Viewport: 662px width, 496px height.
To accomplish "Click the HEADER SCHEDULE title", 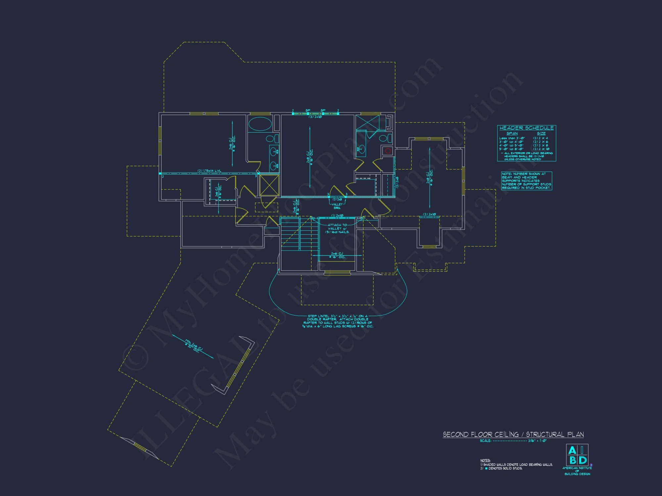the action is pos(526,128).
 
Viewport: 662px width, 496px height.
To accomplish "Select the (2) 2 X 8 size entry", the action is pos(540,145).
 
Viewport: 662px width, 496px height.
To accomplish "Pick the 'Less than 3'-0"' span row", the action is pos(512,138).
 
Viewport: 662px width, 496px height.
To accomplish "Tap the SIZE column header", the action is pos(541,134).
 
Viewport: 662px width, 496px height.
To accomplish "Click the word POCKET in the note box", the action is pos(543,188).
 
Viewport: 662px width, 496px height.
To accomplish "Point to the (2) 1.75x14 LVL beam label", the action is pos(209,171).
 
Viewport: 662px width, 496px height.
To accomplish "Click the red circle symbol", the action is pos(388,151).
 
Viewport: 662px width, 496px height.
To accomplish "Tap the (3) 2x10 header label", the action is pos(315,117).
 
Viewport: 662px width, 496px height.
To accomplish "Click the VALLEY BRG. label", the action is pos(337,206).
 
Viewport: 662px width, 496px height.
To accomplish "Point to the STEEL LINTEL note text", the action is pos(338,321).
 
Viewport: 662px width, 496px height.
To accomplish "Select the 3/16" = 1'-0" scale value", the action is pos(537,441).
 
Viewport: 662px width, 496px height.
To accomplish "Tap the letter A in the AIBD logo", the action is pos(572,450).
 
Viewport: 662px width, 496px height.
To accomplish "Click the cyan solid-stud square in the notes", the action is pos(486,469).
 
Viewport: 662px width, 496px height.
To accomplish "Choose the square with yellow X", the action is pos(269,186).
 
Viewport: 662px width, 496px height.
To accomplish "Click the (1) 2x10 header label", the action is pos(337,216).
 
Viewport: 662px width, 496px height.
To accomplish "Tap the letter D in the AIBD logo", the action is pos(583,460).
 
